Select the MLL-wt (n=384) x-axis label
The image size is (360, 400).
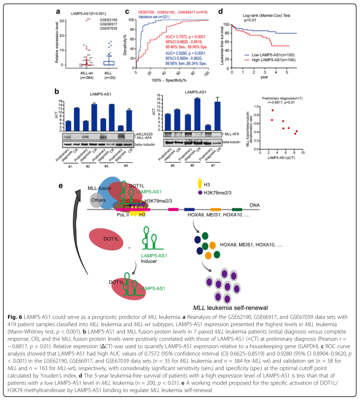[x=83, y=73]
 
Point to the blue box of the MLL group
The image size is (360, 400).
[x=108, y=62]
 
